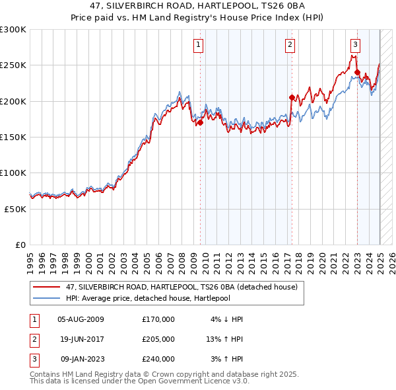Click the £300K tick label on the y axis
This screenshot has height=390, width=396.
(x=13, y=30)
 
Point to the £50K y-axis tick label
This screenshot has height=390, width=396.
(x=15, y=209)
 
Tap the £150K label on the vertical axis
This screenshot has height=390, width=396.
(x=13, y=137)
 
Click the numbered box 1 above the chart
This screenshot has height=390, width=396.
(x=199, y=45)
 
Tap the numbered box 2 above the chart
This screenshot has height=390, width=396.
(x=290, y=45)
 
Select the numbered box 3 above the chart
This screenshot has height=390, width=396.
(x=355, y=45)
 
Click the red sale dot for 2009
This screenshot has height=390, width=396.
(x=200, y=122)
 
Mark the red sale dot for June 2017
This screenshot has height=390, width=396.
(x=292, y=97)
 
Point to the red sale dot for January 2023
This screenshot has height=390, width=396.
(x=357, y=72)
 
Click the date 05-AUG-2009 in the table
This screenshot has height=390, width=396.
(x=81, y=319)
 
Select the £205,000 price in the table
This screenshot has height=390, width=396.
(x=158, y=339)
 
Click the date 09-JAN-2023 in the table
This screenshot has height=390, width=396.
(x=81, y=359)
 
